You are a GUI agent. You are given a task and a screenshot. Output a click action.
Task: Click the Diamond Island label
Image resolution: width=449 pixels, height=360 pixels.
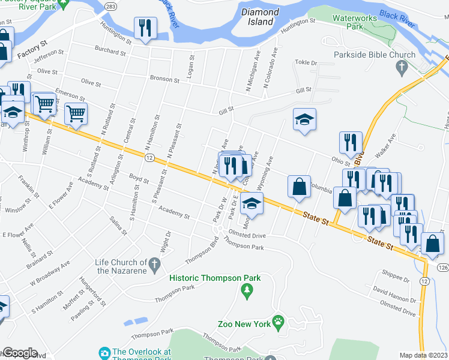[x=260, y=16]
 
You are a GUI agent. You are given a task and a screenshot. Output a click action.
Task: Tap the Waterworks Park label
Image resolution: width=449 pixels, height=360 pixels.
[x=357, y=22]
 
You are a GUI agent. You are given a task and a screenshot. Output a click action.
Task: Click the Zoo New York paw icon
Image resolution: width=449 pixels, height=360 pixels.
[x=278, y=323]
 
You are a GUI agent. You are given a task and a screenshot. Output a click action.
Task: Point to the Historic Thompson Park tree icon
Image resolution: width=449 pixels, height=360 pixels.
[x=246, y=291]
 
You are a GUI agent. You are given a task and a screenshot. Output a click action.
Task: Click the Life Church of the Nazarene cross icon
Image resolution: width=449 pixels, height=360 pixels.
[x=155, y=263]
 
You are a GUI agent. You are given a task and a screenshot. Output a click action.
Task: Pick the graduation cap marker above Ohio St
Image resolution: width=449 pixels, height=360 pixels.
[x=305, y=119]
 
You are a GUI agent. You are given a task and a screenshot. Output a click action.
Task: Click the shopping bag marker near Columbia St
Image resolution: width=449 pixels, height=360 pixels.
[x=299, y=187]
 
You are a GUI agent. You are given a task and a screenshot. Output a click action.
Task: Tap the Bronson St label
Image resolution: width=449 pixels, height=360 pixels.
[x=164, y=79]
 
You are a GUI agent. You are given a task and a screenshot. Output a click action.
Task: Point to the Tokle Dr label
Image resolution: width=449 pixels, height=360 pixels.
[x=306, y=62]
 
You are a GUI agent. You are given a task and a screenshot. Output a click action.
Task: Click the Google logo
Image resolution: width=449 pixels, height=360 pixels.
[x=19, y=353]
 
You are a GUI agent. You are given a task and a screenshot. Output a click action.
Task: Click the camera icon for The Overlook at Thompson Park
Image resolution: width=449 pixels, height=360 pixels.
[x=104, y=352]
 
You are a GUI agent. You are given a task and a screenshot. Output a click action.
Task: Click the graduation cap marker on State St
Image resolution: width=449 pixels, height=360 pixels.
[x=252, y=205]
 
